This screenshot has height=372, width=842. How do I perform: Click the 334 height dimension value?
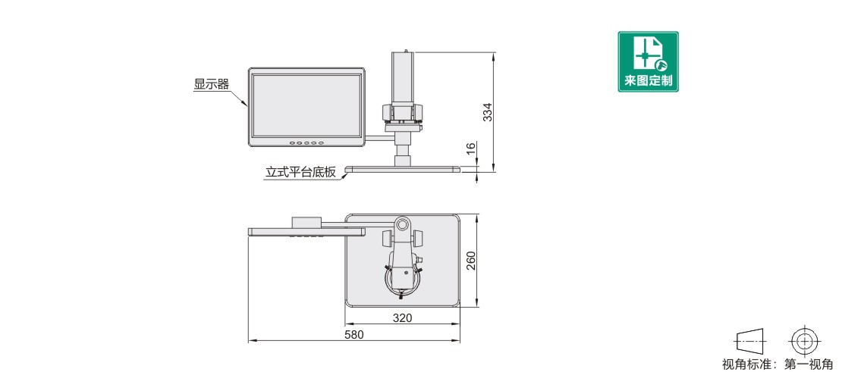point(487,112)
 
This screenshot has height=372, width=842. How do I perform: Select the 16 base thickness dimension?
point(470,149)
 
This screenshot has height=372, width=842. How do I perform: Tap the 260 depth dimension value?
point(470,261)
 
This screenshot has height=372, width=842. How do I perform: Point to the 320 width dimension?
point(402,318)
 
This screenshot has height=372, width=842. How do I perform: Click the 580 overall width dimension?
point(354,335)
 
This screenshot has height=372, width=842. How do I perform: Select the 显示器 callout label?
point(212,84)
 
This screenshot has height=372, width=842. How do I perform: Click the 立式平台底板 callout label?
point(300,172)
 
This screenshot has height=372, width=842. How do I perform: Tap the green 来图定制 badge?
point(648,61)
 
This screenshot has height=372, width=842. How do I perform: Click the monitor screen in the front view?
point(306,105)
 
